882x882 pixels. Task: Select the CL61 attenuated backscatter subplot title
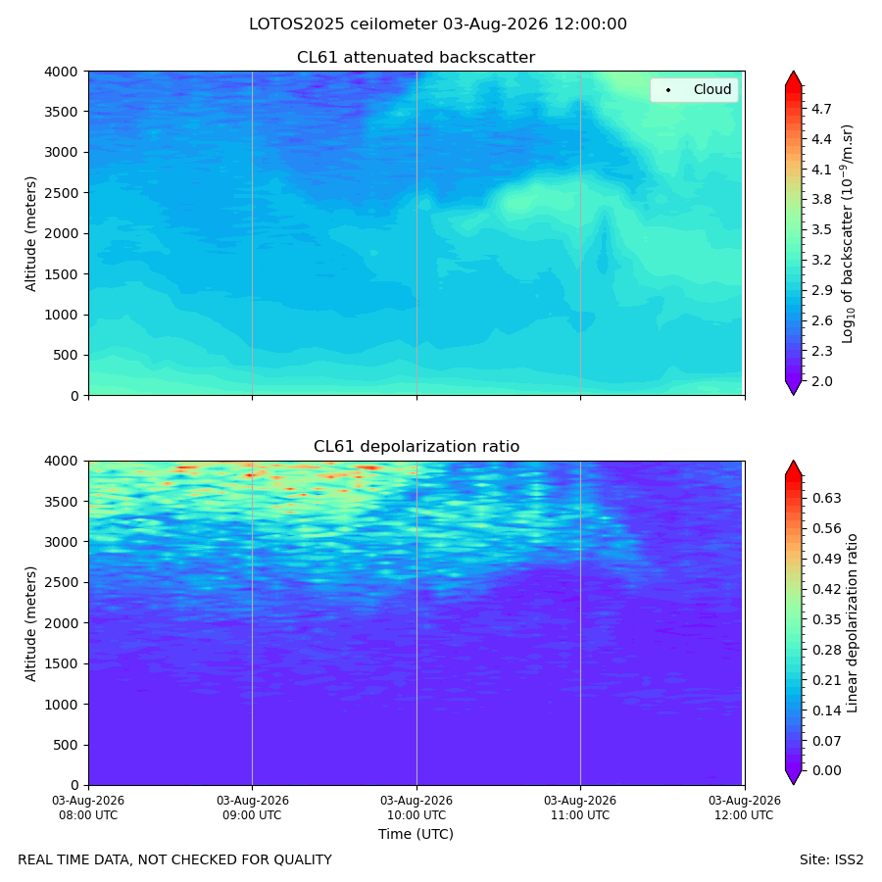(x=416, y=58)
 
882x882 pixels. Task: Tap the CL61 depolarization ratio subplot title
(x=416, y=447)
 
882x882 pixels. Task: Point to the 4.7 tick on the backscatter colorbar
(x=821, y=109)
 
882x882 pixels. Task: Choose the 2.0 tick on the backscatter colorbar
(x=821, y=381)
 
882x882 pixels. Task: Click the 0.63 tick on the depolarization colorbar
(x=826, y=498)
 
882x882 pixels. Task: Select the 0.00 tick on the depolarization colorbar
(x=826, y=770)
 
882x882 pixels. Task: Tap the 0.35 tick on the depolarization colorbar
(x=826, y=619)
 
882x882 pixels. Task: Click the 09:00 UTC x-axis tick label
(x=252, y=808)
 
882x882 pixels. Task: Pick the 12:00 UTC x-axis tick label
(x=744, y=808)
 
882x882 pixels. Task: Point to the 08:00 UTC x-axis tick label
(x=88, y=808)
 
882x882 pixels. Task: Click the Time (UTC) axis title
(x=416, y=834)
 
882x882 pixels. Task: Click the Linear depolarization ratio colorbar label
(x=852, y=623)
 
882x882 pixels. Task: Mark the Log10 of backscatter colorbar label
(x=848, y=234)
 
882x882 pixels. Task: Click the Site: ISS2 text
(x=831, y=860)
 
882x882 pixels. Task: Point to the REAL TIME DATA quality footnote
(x=175, y=860)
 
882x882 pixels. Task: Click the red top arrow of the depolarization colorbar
(x=793, y=470)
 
